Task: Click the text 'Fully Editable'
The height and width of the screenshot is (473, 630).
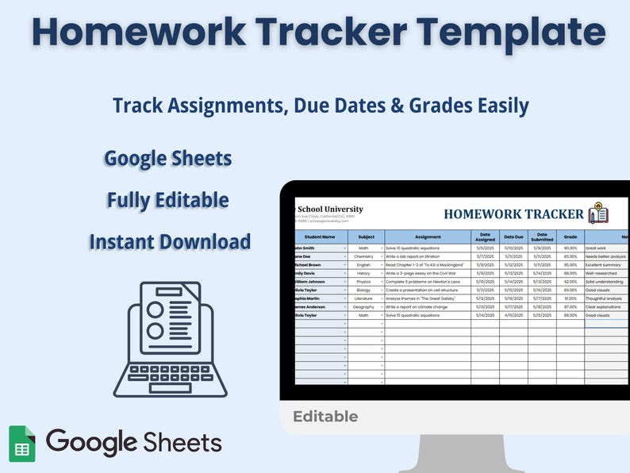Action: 168,200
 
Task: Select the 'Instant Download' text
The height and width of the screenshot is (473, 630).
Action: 170,241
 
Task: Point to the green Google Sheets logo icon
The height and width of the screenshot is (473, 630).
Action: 22,443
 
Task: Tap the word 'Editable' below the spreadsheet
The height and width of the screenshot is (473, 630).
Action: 325,417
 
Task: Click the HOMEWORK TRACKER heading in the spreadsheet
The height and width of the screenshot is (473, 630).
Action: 514,213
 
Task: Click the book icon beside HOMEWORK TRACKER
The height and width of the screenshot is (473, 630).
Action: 598,213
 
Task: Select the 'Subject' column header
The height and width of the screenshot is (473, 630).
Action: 366,236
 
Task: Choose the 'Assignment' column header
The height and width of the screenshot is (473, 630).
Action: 428,236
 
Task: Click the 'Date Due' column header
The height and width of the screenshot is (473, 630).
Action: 513,236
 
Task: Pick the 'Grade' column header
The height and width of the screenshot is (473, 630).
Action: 570,236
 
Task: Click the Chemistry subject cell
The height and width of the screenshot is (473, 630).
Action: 363,256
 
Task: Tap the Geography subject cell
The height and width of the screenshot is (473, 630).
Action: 363,306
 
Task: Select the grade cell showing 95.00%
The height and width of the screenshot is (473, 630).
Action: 570,265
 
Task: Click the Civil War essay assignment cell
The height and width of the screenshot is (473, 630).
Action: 427,273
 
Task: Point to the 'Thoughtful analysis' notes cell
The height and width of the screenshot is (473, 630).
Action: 606,298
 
